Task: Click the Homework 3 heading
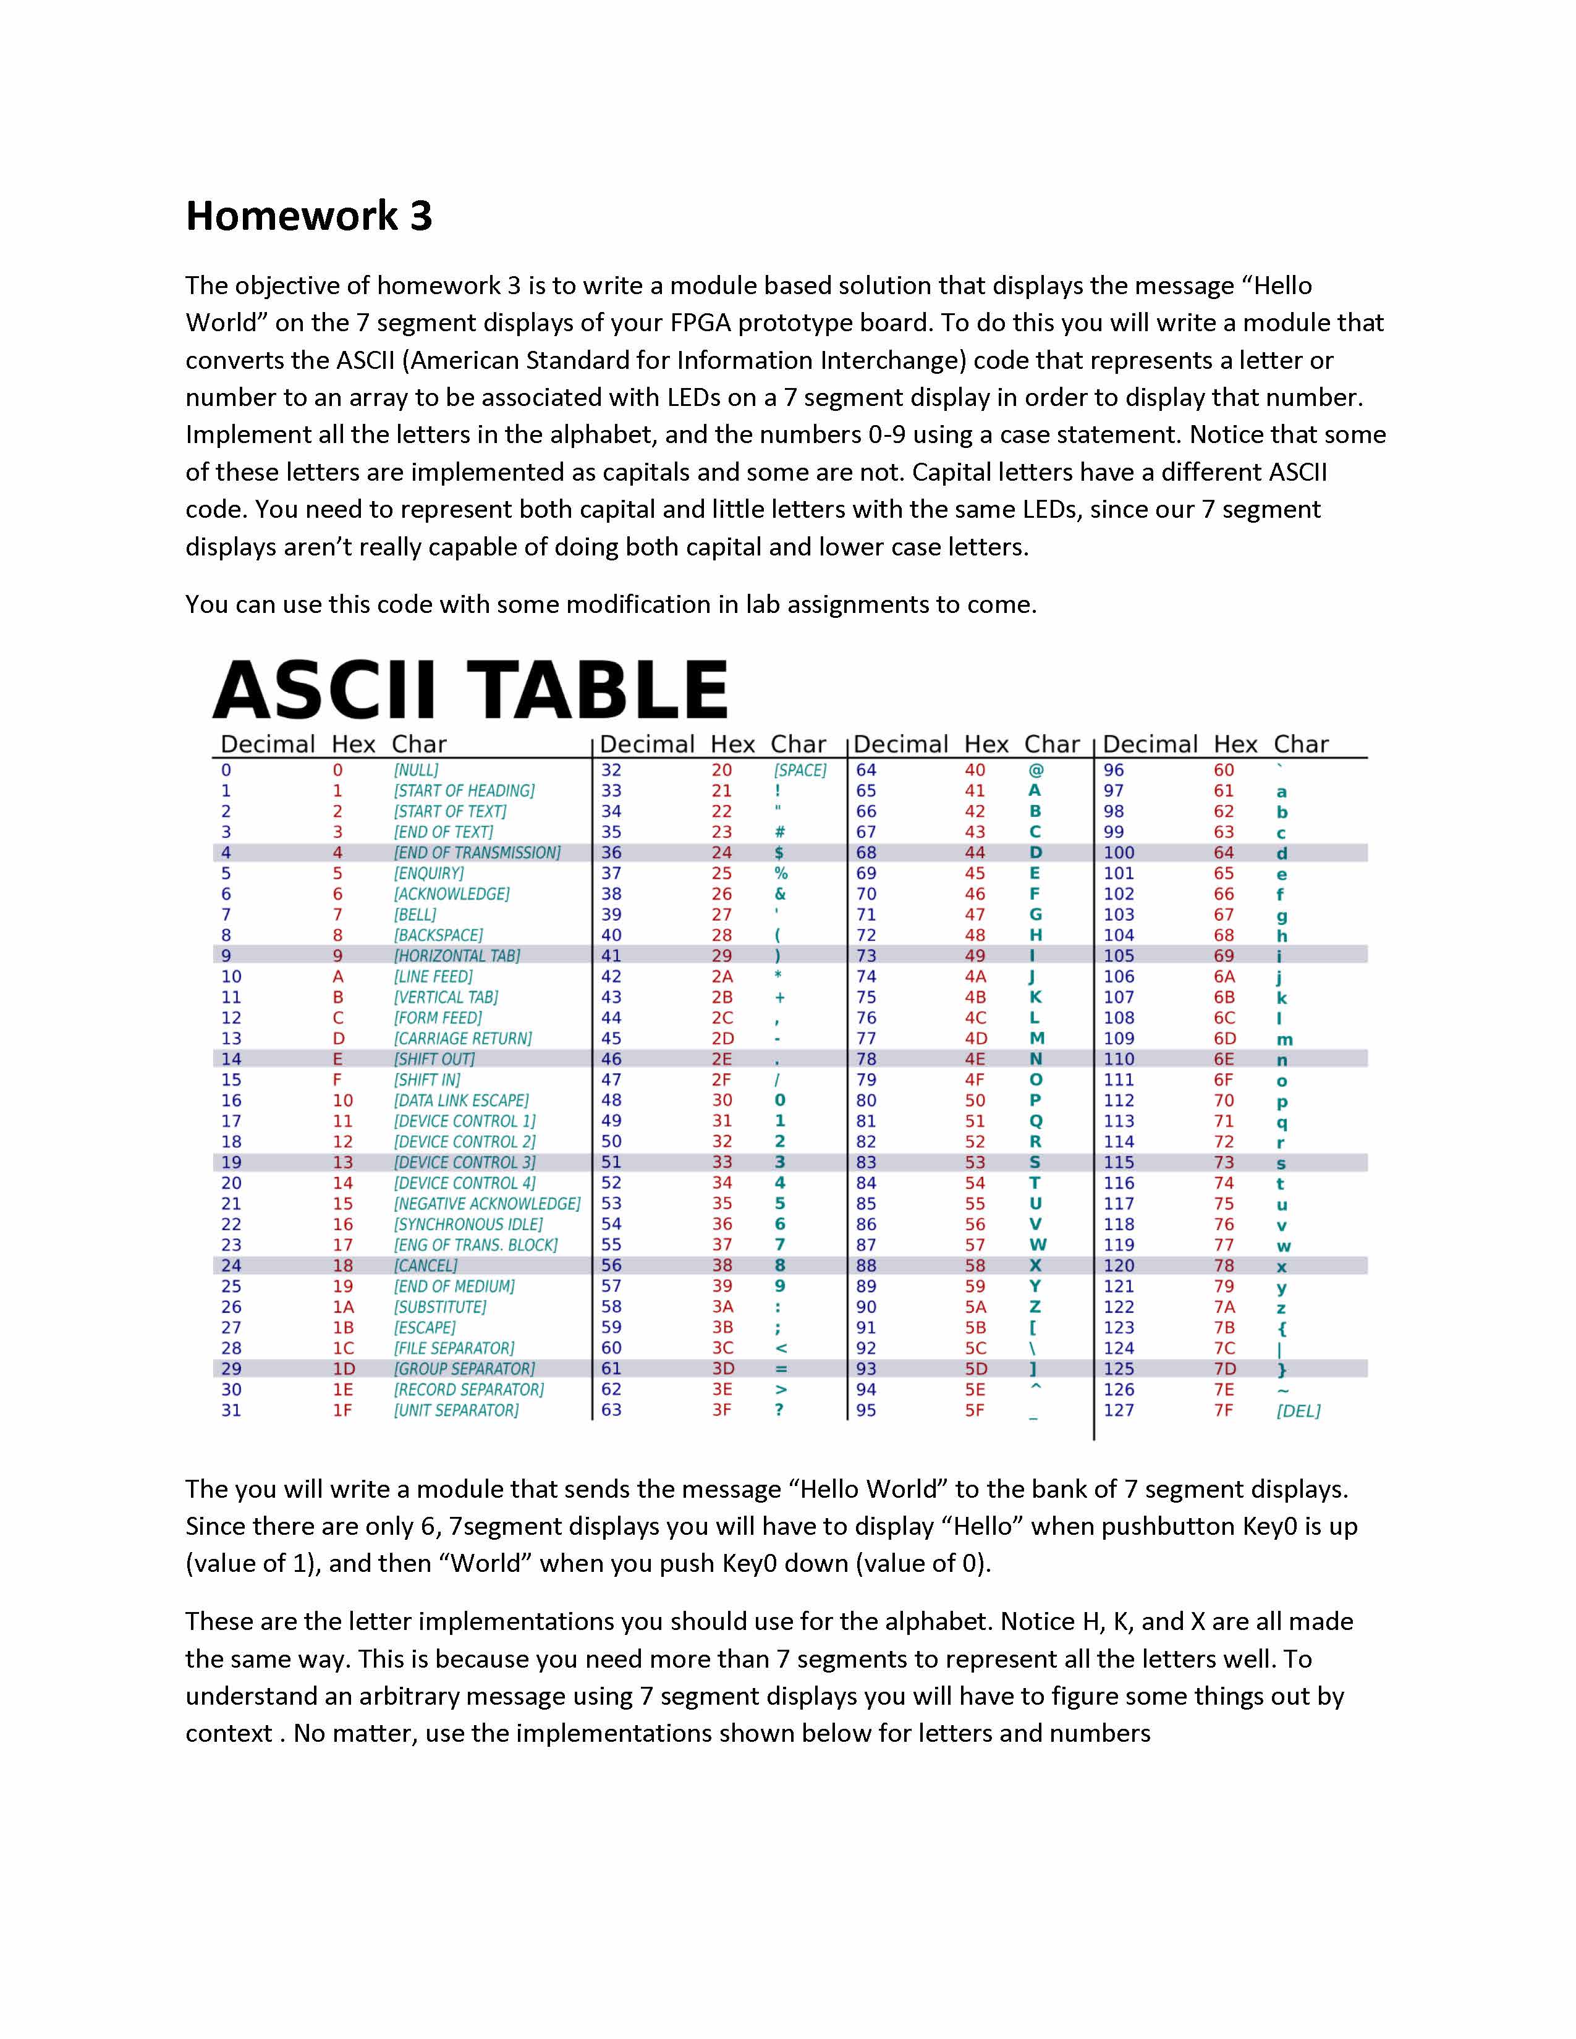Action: [x=309, y=216]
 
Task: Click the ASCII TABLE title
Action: [x=470, y=690]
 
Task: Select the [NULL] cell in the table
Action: [x=415, y=770]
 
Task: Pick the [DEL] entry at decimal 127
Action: [x=1298, y=1411]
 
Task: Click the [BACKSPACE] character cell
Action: [x=438, y=935]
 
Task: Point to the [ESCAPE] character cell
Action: [x=425, y=1328]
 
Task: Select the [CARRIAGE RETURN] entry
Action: [x=462, y=1038]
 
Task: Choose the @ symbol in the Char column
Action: [x=1035, y=770]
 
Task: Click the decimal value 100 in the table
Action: [x=1119, y=853]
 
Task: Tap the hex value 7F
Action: [x=1223, y=1411]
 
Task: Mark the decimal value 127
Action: [x=1119, y=1411]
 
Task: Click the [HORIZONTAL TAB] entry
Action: [x=457, y=956]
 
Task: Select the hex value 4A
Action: [x=975, y=976]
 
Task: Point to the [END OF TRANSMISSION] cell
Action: [x=477, y=853]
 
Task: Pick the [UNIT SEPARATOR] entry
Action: [x=455, y=1411]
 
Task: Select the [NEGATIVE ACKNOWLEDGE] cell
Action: [x=486, y=1204]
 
